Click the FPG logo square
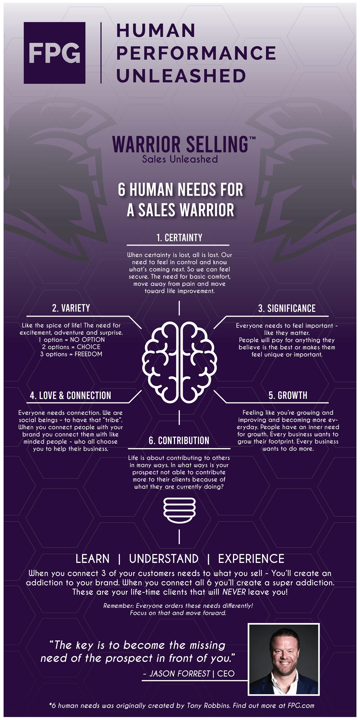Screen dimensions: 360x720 click(55, 53)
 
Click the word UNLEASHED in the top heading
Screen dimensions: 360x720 click(181, 76)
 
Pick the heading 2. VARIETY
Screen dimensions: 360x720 click(71, 308)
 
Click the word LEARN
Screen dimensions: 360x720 click(92, 559)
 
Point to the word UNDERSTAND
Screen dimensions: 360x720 click(164, 559)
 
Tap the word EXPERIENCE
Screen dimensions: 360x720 click(251, 559)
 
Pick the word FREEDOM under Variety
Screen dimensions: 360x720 click(88, 354)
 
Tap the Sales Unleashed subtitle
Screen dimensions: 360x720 click(180, 159)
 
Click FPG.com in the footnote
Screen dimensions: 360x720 click(300, 706)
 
